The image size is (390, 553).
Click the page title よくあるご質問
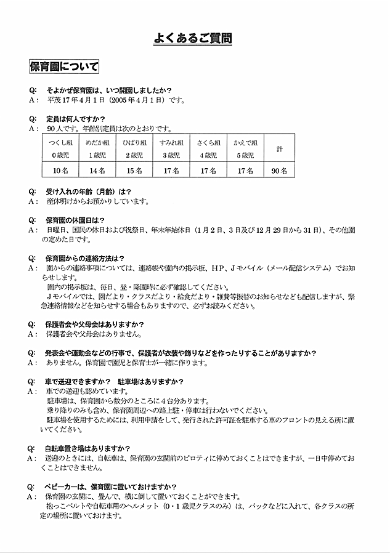[x=193, y=40]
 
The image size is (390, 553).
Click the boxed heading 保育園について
[x=63, y=66]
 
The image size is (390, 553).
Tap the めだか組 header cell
[x=97, y=148]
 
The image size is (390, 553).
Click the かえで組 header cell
[x=245, y=148]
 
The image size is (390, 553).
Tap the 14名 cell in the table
[x=97, y=170]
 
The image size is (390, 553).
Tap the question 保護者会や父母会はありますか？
[x=95, y=324]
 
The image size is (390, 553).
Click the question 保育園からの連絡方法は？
[x=86, y=258]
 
